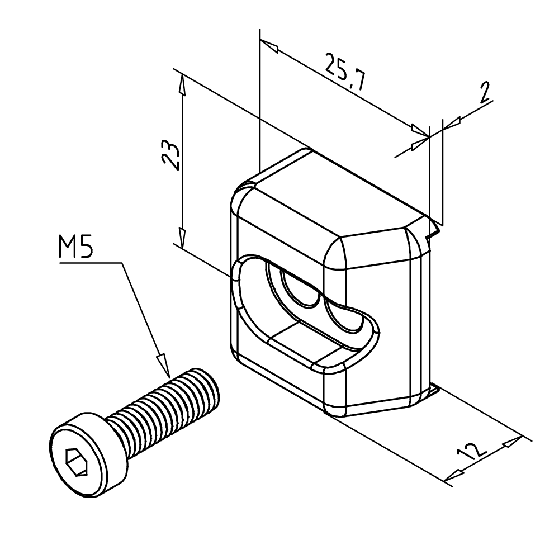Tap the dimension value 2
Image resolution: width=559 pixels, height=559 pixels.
pyautogui.click(x=485, y=92)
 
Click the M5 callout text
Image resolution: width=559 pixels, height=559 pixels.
pyautogui.click(x=75, y=247)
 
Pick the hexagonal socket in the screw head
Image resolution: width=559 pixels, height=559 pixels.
pyautogui.click(x=76, y=461)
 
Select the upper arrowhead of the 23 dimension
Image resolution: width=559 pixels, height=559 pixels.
pyautogui.click(x=182, y=85)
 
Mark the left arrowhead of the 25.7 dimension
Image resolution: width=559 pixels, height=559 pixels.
pyautogui.click(x=269, y=46)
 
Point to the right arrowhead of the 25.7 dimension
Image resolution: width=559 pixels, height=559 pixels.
pyautogui.click(x=420, y=131)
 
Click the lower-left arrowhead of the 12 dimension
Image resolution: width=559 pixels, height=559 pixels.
pyautogui.click(x=454, y=475)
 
